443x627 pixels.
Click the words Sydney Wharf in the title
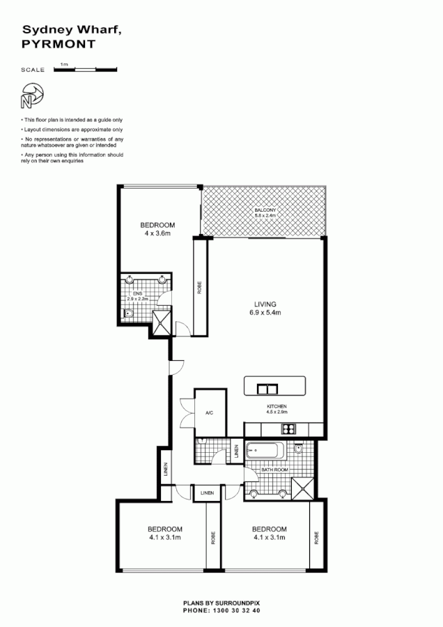[x=61, y=30]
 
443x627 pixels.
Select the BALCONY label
[x=265, y=210]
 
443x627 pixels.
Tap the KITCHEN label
[x=277, y=406]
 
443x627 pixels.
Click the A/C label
[x=208, y=412]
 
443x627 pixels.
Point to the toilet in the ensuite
[x=129, y=314]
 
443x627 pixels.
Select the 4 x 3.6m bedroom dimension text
[x=157, y=233]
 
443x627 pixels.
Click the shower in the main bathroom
[x=304, y=488]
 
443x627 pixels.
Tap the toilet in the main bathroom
[x=298, y=451]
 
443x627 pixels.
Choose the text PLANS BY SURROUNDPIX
[x=221, y=604]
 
